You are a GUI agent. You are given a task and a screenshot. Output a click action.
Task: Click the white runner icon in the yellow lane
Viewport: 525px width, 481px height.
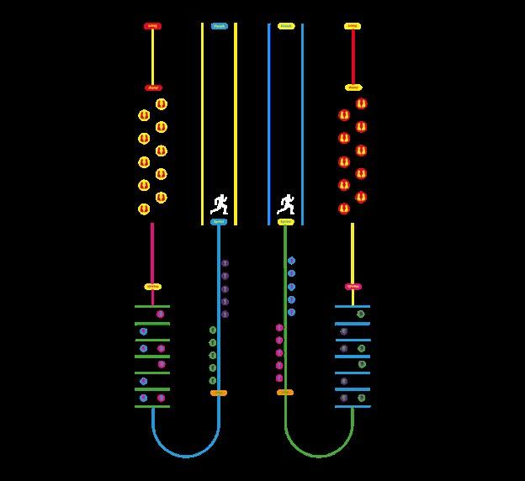point(220,204)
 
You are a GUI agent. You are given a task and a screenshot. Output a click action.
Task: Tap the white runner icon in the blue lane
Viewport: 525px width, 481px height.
point(286,204)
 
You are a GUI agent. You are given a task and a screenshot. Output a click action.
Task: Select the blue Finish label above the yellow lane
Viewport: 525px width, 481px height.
point(219,26)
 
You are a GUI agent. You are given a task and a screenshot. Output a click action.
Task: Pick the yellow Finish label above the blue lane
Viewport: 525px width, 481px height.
point(286,26)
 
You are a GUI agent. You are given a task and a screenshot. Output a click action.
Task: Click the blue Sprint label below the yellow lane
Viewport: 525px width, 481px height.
point(219,222)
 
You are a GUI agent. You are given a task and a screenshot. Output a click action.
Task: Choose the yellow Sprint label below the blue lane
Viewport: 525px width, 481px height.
point(286,222)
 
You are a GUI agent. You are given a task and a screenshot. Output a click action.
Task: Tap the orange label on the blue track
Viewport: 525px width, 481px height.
point(219,393)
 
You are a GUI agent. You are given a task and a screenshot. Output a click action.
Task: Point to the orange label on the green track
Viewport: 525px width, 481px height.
point(285,393)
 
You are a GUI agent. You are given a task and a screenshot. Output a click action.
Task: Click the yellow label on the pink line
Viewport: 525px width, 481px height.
point(152,287)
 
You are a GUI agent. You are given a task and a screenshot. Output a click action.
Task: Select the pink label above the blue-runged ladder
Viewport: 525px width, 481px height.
point(353,287)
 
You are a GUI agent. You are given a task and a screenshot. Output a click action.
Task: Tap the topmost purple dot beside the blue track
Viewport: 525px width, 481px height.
point(225,263)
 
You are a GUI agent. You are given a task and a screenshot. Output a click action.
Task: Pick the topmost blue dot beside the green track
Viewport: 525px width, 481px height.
point(291,261)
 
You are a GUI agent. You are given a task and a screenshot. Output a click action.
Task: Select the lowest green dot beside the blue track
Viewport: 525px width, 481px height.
point(213,380)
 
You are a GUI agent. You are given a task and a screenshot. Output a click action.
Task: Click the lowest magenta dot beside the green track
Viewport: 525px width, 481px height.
point(279,378)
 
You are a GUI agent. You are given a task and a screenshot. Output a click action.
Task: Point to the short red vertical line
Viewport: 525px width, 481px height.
point(353,56)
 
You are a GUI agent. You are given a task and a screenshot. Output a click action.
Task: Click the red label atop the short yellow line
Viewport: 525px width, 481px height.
point(152,26)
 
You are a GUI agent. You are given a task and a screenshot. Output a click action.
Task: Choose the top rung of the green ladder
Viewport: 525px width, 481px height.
point(152,306)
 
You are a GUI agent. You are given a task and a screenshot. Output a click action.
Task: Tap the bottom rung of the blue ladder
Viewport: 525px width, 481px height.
point(353,406)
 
